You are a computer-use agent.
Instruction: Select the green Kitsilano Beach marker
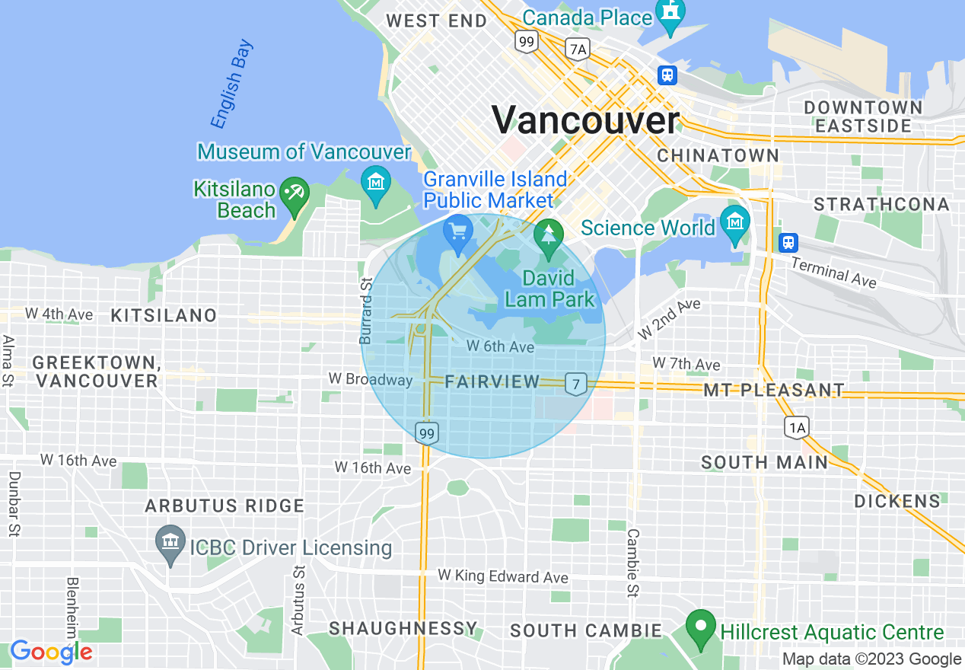tap(295, 193)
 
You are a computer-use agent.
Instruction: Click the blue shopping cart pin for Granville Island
tap(457, 231)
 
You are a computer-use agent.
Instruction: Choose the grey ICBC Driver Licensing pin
tap(170, 544)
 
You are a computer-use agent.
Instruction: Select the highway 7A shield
tap(578, 49)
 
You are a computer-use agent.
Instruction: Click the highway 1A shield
tap(797, 427)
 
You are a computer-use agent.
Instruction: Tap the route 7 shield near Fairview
tap(576, 384)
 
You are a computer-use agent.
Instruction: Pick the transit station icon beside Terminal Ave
tap(788, 243)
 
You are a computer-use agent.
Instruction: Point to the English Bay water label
tap(231, 84)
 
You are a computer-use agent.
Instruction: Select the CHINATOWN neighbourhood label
tap(718, 155)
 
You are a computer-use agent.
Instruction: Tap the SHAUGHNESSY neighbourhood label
tap(403, 629)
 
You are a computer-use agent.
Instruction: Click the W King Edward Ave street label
tap(502, 576)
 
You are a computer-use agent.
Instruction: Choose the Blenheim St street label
tap(73, 609)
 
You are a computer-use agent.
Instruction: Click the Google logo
tap(51, 652)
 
